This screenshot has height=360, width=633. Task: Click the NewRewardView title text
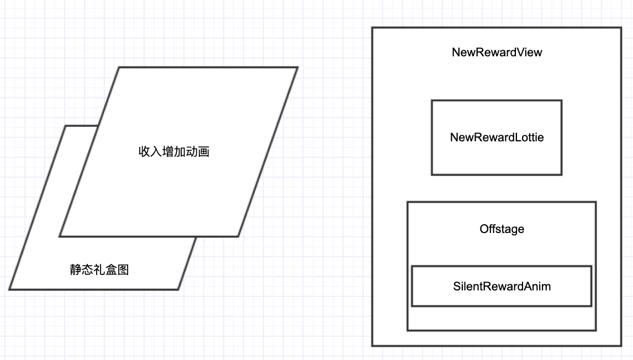497,52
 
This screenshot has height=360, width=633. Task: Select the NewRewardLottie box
497,137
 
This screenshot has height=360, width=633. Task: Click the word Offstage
502,229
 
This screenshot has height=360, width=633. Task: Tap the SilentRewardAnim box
502,286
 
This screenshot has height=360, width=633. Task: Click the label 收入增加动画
173,151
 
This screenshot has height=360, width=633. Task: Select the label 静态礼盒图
99,270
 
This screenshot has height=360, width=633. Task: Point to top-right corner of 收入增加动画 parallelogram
298,67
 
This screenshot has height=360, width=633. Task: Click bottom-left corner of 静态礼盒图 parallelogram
9,289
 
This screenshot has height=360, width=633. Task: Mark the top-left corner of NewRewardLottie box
431,100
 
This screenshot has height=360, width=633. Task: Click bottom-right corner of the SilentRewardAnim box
591,306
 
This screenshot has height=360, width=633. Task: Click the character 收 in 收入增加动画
145,151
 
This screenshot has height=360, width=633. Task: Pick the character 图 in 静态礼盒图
123,270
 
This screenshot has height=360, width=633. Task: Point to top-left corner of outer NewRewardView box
372,28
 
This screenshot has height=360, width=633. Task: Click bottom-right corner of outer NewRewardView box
621,346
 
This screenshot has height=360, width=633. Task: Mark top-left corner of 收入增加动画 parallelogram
119,67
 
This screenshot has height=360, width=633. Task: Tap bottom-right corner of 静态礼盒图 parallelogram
178,289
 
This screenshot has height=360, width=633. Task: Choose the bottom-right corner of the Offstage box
596,330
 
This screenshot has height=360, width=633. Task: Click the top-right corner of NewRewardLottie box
562,100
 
